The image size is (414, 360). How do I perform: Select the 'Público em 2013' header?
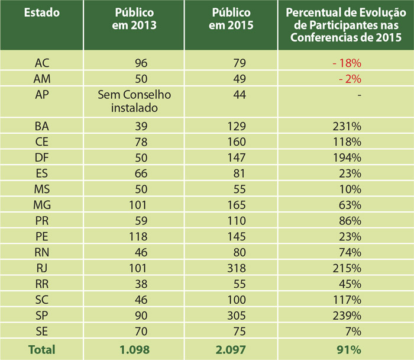point(133,19)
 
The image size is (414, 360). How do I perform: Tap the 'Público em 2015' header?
point(231,19)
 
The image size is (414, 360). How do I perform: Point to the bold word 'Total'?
point(42,350)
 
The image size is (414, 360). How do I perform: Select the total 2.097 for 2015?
point(231,350)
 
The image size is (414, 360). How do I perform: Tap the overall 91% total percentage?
point(349,350)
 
